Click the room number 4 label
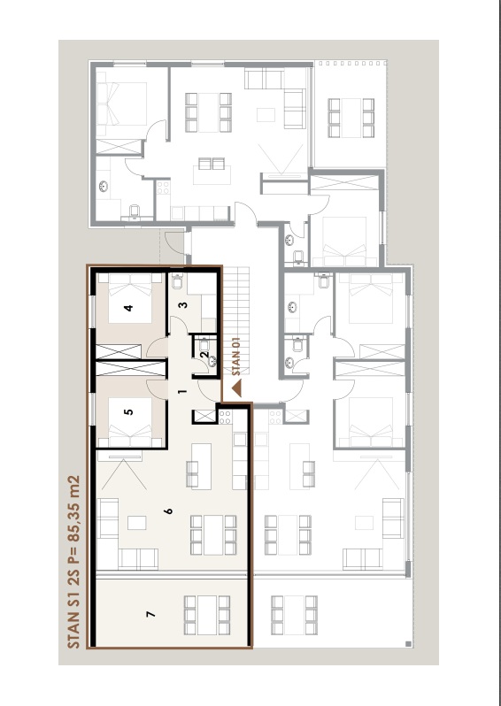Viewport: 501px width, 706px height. (x=129, y=308)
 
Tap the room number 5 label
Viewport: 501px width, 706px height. (x=129, y=411)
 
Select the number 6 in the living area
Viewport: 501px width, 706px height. (x=168, y=511)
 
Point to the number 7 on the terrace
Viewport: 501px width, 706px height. (x=151, y=614)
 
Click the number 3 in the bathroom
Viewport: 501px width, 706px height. (x=183, y=305)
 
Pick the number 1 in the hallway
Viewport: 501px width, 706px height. (x=182, y=391)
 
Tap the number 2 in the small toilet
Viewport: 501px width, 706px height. (x=204, y=355)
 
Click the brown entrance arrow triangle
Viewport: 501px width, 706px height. (x=236, y=388)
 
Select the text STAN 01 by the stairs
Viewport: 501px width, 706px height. (x=236, y=357)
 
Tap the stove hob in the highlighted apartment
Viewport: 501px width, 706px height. (x=225, y=417)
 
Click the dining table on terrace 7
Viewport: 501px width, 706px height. (x=207, y=615)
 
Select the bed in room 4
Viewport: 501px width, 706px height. (x=130, y=298)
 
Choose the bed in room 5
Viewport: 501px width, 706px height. (x=130, y=422)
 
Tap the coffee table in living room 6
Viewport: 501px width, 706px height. (x=137, y=523)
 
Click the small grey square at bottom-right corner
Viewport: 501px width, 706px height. (x=408, y=644)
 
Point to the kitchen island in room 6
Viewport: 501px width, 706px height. (x=202, y=466)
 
